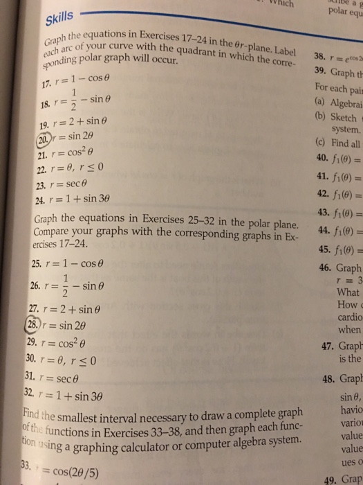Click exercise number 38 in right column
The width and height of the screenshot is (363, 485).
pos(301,58)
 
